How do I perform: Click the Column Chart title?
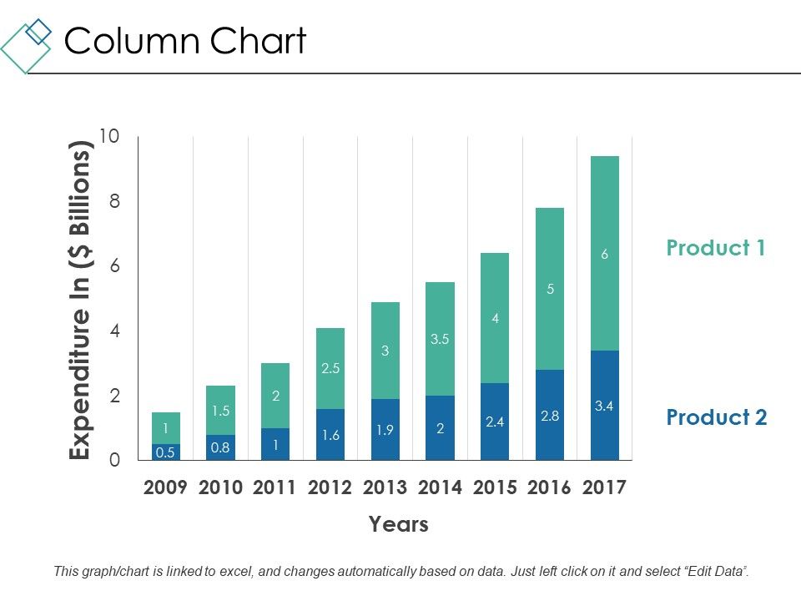[x=185, y=41]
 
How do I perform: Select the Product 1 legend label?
[x=715, y=248]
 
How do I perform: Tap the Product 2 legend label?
[x=716, y=417]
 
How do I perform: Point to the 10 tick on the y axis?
[x=109, y=136]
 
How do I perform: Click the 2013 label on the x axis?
[x=385, y=488]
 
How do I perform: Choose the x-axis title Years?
[x=398, y=524]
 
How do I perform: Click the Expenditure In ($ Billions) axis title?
[x=79, y=300]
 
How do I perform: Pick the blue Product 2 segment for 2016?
[x=549, y=415]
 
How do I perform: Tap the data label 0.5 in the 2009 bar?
[x=165, y=452]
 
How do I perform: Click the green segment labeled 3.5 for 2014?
[x=440, y=339]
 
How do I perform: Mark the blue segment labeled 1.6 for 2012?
[x=330, y=434]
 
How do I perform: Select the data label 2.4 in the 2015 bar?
[x=495, y=422]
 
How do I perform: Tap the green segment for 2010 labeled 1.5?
[x=220, y=410]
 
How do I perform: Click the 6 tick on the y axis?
[x=113, y=266]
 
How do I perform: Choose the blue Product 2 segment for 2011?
[x=275, y=444]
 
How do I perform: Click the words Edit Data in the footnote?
[x=715, y=572]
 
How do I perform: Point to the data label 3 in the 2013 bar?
[x=385, y=351]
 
